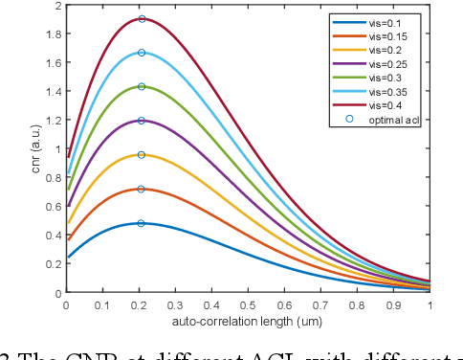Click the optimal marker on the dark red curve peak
pyautogui.click(x=142, y=19)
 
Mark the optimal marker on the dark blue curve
pyautogui.click(x=142, y=223)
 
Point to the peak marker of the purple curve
pyautogui.click(x=142, y=121)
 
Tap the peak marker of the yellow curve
pyautogui.click(x=142, y=155)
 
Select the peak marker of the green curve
pyautogui.click(x=142, y=87)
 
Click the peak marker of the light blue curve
pyautogui.click(x=142, y=53)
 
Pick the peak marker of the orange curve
pyautogui.click(x=142, y=189)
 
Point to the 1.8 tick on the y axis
pyautogui.click(x=55, y=34)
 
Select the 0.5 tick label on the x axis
pyautogui.click(x=248, y=304)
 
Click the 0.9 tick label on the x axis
pyautogui.click(x=393, y=304)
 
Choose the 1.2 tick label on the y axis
pyautogui.click(x=55, y=121)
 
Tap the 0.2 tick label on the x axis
pyautogui.click(x=139, y=304)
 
